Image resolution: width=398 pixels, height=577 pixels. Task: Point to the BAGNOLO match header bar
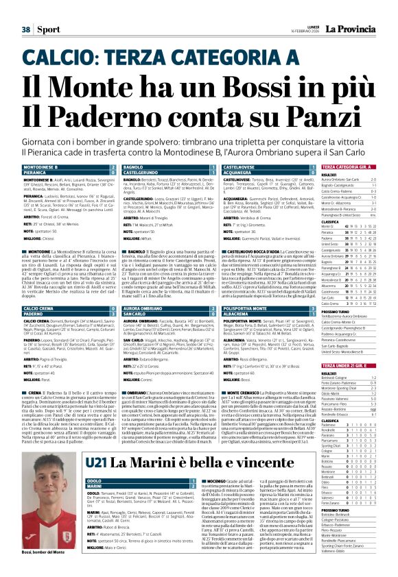tap(159, 167)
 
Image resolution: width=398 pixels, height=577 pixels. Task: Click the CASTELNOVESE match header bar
tap(258, 167)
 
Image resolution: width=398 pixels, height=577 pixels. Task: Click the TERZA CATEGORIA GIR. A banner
tap(350, 167)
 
